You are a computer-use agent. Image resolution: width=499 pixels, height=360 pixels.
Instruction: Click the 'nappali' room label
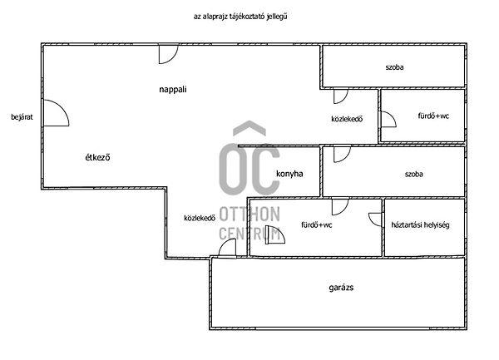[x=173, y=90]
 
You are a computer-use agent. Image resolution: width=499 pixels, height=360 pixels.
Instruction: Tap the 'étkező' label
[x=97, y=157]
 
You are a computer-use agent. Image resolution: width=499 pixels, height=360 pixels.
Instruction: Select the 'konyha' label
[x=289, y=174]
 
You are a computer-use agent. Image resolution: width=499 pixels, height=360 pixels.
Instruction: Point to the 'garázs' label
[x=341, y=288]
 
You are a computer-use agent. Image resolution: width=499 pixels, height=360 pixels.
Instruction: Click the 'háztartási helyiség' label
[x=420, y=224]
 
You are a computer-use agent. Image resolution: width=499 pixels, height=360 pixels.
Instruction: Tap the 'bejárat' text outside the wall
[x=22, y=117]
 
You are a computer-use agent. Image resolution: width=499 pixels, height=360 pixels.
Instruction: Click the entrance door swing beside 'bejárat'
[x=56, y=113]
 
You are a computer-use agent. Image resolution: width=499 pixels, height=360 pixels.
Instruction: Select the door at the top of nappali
[x=168, y=54]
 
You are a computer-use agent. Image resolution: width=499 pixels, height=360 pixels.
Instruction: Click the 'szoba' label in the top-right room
[x=394, y=67]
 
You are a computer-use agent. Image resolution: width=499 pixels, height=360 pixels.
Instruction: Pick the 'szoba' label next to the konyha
[x=413, y=174]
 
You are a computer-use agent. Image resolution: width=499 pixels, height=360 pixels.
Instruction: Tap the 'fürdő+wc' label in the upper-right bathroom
[x=433, y=116]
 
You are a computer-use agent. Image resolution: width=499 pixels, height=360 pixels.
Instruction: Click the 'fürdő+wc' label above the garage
[x=317, y=225]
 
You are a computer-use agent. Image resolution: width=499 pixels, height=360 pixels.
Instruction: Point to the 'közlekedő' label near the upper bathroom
[x=347, y=119]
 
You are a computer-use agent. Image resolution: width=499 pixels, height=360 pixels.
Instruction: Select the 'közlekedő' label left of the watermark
[x=200, y=218]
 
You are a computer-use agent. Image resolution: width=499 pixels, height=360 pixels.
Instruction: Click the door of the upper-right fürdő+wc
[x=388, y=119]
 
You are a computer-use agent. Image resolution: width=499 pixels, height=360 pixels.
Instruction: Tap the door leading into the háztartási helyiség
[x=376, y=219]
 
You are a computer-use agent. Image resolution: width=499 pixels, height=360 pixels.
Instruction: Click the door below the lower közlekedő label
[x=227, y=247]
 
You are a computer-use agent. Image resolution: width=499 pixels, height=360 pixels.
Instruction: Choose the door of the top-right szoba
[x=340, y=96]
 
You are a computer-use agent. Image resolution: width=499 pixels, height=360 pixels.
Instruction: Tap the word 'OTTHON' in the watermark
[x=249, y=214]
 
